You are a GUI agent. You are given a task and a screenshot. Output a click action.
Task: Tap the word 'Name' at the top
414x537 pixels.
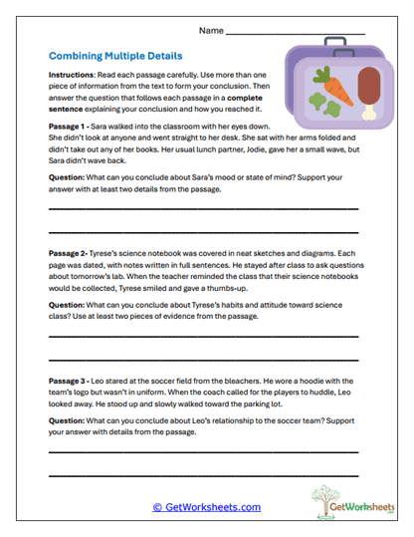[212, 32]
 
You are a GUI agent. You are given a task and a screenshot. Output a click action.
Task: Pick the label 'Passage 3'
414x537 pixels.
[71, 380]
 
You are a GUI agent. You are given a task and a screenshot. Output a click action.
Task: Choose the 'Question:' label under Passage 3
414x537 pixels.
[70, 422]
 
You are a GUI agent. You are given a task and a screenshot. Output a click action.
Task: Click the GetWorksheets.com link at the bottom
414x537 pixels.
[206, 507]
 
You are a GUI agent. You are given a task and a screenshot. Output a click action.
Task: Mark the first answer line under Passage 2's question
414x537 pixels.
[203, 339]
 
